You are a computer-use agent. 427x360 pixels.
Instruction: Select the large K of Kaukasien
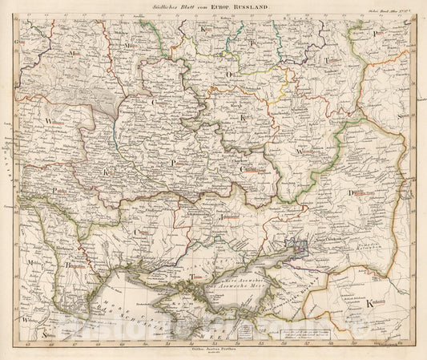tap(369, 305)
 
